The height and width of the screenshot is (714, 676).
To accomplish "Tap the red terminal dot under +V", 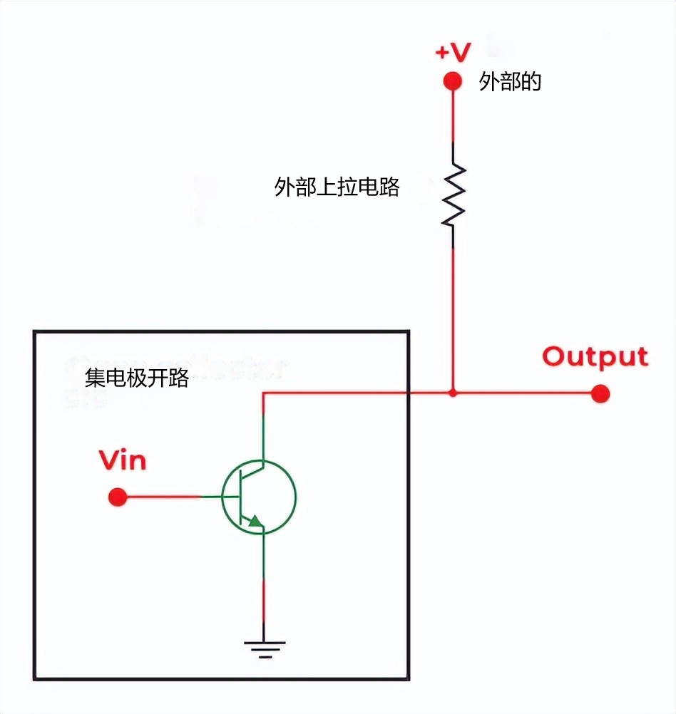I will (453, 81).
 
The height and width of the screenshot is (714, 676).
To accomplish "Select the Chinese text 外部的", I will (510, 82).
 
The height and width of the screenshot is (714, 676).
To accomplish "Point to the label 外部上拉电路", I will (337, 187).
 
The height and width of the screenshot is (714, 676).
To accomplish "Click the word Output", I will (595, 357).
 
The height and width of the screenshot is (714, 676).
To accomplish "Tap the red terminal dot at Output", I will (600, 393).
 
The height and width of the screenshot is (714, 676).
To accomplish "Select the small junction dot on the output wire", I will (453, 393).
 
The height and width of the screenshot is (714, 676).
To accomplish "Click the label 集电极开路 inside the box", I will (137, 378).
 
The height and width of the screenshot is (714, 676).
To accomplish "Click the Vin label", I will (123, 460).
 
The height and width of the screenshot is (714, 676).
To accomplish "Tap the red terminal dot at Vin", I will (118, 497).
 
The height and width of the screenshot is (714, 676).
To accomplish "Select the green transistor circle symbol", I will (258, 497).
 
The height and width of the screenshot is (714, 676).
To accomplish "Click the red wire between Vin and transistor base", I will (164, 497).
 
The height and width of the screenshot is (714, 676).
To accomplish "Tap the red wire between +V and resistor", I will (453, 114).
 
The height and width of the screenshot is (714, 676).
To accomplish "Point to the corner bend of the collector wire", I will (264, 393).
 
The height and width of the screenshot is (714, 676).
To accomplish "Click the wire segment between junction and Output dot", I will (524, 393).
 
